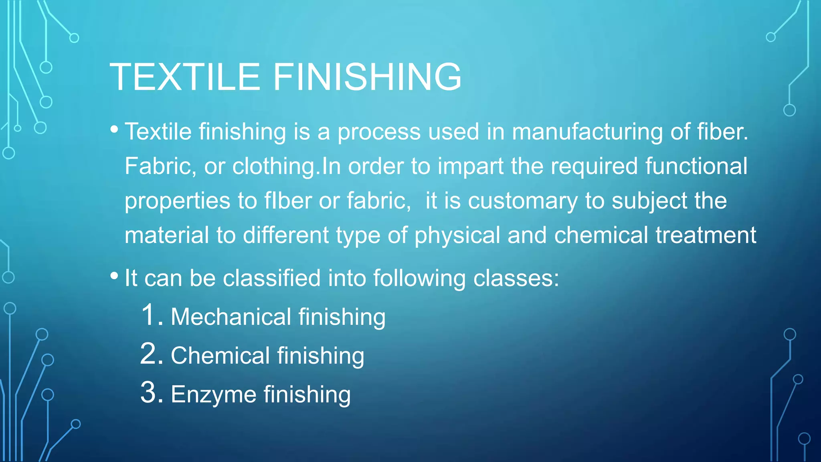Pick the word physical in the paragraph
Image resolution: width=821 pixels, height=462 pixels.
[x=457, y=235]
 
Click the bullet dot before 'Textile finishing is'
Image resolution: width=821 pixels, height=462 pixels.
[x=114, y=129]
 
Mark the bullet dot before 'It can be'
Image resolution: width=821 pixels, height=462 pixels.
[x=114, y=276]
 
